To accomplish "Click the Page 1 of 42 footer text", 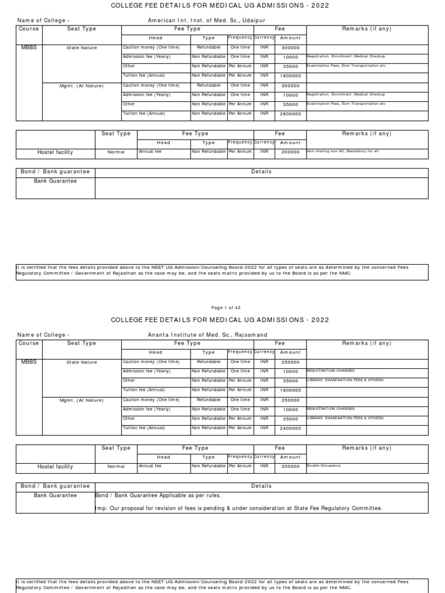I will click(222, 308).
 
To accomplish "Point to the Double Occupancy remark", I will click(324, 466).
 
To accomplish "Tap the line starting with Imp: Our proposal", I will click(238, 508).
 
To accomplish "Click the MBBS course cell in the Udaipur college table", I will click(29, 47).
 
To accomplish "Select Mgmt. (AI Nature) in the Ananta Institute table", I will click(82, 400).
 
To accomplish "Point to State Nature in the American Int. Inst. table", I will click(82, 48).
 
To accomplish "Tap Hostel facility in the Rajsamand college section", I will click(55, 466).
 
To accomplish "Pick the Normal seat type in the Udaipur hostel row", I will click(116, 152).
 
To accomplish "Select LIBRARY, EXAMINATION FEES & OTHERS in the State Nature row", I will click(345, 380).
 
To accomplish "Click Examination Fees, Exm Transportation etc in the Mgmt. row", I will click(346, 104).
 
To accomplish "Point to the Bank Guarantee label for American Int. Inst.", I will click(55, 181).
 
